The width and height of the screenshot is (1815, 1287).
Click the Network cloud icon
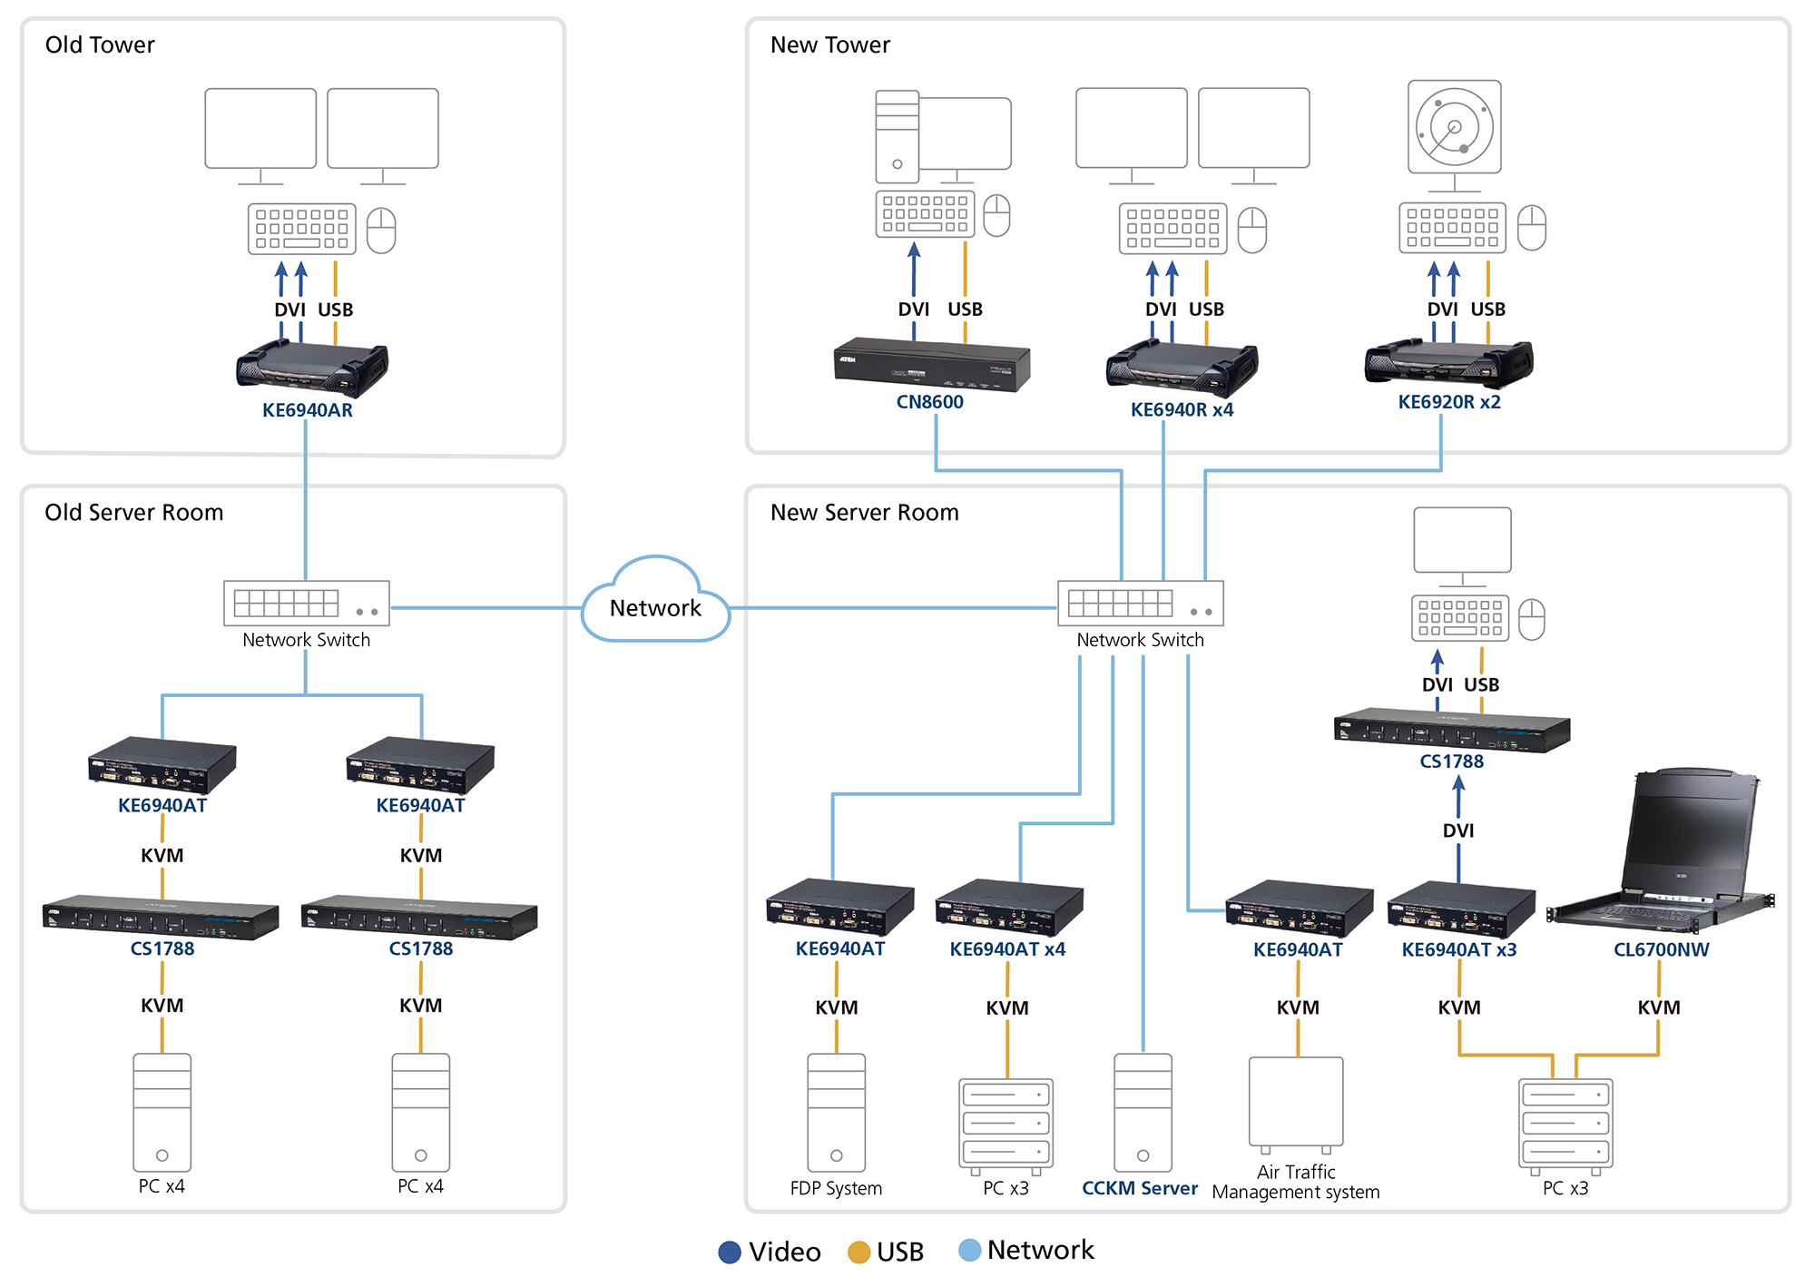[655, 603]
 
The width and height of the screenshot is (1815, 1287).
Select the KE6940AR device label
[307, 410]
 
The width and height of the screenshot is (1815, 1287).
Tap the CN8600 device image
[931, 364]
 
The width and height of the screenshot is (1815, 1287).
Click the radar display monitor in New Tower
[1454, 127]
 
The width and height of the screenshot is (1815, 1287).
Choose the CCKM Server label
[1139, 1188]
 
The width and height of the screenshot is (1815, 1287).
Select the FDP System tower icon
[836, 1112]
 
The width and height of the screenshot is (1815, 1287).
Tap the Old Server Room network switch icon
[307, 604]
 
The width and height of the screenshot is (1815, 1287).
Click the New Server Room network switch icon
[1140, 604]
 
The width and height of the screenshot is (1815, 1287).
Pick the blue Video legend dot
[730, 1253]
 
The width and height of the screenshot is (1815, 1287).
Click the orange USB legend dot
[858, 1253]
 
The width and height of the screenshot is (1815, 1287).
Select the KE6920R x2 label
[1448, 402]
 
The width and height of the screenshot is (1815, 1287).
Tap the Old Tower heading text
[100, 45]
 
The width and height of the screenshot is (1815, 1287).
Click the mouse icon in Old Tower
[381, 230]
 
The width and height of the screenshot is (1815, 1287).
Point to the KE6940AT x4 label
[1007, 949]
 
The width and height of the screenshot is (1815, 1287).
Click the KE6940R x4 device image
[1182, 368]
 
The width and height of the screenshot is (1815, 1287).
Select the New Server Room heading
[864, 513]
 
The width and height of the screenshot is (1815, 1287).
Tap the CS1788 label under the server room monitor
[1451, 761]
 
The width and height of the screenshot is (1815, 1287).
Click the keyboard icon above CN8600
[925, 214]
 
